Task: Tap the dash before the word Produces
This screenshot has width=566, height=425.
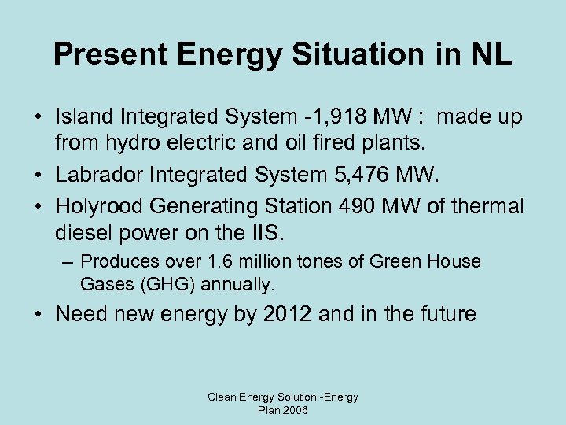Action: tap(69, 261)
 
